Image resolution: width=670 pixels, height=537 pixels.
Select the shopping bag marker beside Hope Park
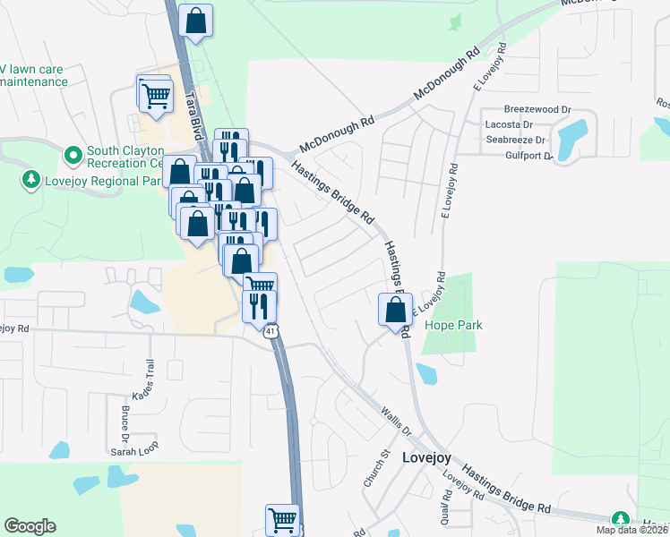(x=395, y=311)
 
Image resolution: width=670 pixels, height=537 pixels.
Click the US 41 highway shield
(x=271, y=331)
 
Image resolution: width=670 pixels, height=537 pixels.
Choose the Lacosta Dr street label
(x=509, y=125)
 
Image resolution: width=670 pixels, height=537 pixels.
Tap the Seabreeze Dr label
(x=515, y=141)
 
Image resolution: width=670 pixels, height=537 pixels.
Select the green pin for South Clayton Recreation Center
(x=73, y=156)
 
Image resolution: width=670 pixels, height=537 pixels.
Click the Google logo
(x=30, y=526)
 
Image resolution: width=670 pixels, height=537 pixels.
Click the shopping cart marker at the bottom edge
(x=282, y=518)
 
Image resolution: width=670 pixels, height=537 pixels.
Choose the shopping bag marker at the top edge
(x=196, y=20)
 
